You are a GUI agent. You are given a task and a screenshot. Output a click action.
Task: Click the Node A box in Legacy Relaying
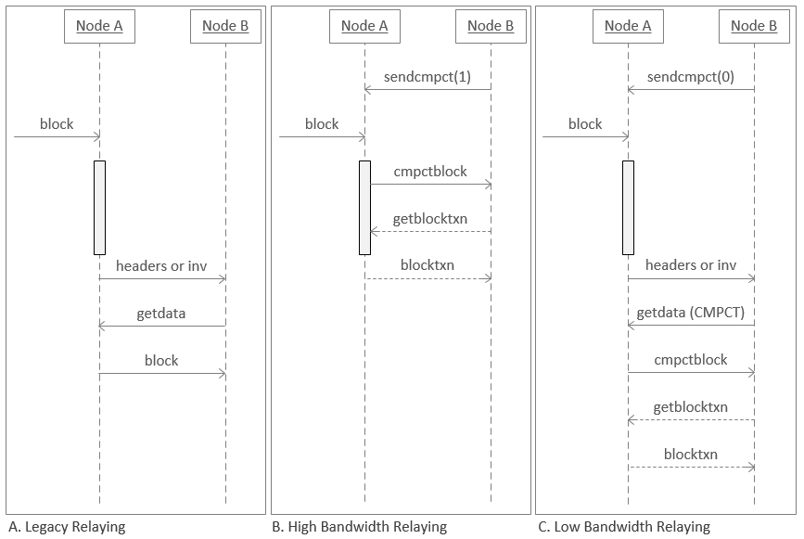(x=99, y=26)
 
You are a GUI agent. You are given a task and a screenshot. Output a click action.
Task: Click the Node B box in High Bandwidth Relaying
(x=491, y=26)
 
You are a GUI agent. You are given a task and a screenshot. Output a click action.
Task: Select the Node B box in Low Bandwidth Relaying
(x=754, y=26)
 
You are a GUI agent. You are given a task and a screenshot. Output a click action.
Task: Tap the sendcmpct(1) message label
(x=428, y=77)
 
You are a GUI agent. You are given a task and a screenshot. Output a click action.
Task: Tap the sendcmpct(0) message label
(x=691, y=77)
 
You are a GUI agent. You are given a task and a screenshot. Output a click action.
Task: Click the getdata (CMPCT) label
(x=691, y=313)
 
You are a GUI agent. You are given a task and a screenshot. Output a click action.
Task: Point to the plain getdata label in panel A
(x=161, y=313)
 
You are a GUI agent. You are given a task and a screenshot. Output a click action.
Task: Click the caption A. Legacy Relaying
(x=66, y=527)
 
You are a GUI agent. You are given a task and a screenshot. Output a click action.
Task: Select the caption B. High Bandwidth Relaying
(x=359, y=527)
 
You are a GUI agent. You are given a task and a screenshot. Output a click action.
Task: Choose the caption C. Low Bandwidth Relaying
(x=624, y=527)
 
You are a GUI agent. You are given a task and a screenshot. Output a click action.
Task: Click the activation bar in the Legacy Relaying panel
(x=99, y=207)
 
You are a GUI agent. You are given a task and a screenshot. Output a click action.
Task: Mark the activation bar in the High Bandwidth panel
(x=364, y=207)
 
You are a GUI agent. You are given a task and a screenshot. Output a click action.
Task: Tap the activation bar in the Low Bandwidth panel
(x=628, y=207)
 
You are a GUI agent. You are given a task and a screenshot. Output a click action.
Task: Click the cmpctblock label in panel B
(x=430, y=172)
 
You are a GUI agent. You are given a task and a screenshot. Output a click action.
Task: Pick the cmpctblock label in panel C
(x=691, y=360)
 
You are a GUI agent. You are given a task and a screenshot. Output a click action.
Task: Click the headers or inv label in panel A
(x=161, y=265)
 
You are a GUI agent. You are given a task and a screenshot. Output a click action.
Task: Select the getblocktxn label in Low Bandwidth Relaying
(x=691, y=407)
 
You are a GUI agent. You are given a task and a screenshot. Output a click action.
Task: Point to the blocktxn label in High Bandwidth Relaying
(x=428, y=265)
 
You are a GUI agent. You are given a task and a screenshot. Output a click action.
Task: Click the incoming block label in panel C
(x=585, y=123)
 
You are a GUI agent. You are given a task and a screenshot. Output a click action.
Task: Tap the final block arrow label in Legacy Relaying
(x=161, y=360)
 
